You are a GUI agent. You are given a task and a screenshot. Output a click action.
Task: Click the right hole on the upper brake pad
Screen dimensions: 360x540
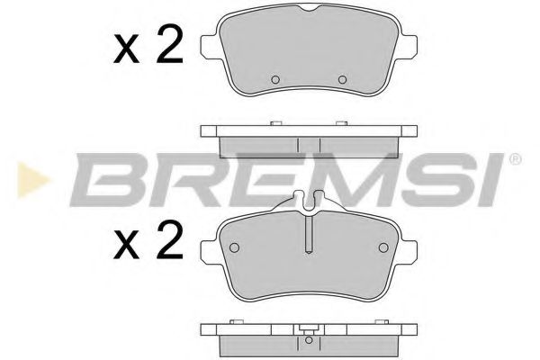[341, 80]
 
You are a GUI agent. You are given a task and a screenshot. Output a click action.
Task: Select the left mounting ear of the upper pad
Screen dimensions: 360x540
[208, 45]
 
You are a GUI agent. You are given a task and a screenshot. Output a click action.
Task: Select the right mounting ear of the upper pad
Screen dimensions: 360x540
[409, 45]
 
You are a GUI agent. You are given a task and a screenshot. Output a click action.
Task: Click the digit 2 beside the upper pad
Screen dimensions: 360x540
[169, 45]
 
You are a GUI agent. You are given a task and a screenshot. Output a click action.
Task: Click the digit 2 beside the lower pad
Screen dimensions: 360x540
[169, 242]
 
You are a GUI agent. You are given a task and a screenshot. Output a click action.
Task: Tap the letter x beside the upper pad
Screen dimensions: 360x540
[128, 49]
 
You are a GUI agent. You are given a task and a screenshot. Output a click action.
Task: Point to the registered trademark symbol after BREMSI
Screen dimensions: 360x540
[515, 159]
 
